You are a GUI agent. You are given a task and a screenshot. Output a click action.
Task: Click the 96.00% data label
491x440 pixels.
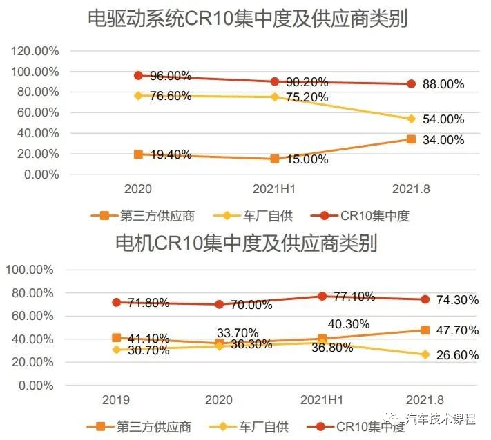pyautogui.click(x=168, y=76)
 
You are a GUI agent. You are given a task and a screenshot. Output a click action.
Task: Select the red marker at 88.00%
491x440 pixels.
pyautogui.click(x=411, y=83)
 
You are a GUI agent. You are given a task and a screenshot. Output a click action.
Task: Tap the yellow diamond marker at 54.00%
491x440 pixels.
pyautogui.click(x=411, y=119)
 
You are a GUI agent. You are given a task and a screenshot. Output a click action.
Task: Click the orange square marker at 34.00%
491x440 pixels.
pyautogui.click(x=411, y=139)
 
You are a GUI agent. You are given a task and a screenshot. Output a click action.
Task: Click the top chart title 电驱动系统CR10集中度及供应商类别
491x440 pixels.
pyautogui.click(x=247, y=19)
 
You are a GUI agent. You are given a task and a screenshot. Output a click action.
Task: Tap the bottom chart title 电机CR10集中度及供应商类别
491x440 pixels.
pyautogui.click(x=246, y=243)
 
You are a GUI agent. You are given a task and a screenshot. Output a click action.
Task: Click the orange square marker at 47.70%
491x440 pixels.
pyautogui.click(x=424, y=330)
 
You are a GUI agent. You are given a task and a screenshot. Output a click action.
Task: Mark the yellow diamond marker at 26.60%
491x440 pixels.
pyautogui.click(x=424, y=355)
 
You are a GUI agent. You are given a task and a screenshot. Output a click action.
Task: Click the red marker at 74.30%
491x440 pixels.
pyautogui.click(x=424, y=299)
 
